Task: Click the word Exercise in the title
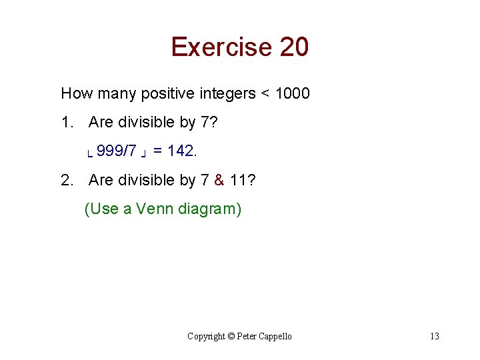point(221,47)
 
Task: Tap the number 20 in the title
point(294,47)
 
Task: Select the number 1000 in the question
point(292,93)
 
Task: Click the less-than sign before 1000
point(265,94)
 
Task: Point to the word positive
point(167,93)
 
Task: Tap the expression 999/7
point(117,151)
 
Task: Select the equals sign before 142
point(158,152)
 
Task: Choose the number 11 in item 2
point(238,180)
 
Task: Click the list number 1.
point(66,123)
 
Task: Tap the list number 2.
point(66,180)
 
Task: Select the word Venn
point(155,209)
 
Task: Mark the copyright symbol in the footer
point(231,336)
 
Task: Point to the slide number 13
point(434,336)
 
